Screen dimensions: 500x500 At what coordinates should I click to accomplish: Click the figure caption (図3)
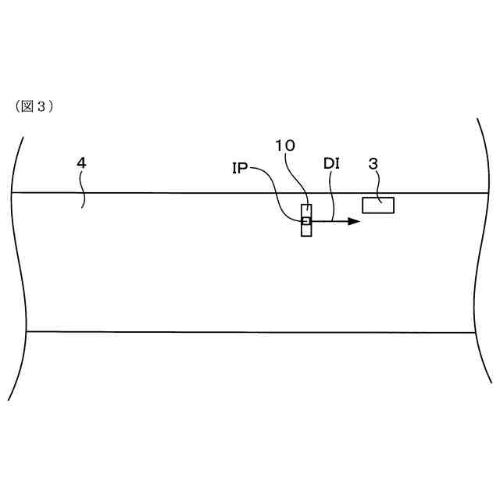(x=34, y=107)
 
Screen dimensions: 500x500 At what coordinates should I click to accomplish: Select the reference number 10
(x=285, y=146)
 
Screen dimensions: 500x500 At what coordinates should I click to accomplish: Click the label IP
(x=240, y=166)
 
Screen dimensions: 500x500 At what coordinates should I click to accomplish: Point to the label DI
(x=331, y=165)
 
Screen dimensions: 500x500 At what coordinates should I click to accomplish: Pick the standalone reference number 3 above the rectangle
(x=373, y=164)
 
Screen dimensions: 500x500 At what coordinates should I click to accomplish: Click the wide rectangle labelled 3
(x=378, y=205)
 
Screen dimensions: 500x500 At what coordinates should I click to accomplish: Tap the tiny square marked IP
(x=306, y=221)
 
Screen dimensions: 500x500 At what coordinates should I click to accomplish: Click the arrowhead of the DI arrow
(x=354, y=221)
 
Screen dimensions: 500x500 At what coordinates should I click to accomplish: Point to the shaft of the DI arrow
(x=328, y=221)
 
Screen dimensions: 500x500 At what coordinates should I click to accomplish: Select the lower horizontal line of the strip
(x=234, y=332)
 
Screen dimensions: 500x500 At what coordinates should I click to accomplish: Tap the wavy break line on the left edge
(x=17, y=266)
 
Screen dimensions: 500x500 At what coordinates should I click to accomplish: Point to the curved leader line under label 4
(x=83, y=191)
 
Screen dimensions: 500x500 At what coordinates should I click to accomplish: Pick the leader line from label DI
(x=334, y=195)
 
